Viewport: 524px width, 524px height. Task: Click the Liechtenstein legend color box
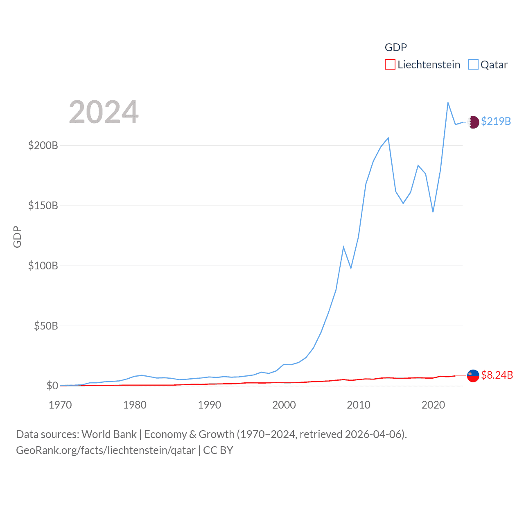pos(390,65)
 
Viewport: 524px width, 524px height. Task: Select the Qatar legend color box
pos(473,65)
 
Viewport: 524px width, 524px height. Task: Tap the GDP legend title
pos(395,47)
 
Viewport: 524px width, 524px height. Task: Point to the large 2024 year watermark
pos(104,112)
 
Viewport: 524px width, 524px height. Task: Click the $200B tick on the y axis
pos(43,145)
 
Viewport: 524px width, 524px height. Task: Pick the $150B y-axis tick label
pos(43,206)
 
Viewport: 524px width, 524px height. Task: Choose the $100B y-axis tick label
pos(43,266)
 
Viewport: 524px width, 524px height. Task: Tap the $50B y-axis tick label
pos(46,326)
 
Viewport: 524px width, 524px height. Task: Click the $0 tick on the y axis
pos(52,386)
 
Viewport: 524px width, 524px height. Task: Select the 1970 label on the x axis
pos(60,405)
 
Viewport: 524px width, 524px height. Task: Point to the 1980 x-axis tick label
pos(135,405)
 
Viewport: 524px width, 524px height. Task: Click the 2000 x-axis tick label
pos(284,405)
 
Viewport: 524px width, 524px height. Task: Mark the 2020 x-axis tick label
pos(433,405)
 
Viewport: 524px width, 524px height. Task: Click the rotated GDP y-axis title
pos(17,237)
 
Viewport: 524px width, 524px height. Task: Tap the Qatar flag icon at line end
pos(473,122)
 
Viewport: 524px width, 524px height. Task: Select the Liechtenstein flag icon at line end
pos(473,375)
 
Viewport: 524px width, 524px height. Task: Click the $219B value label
pos(496,121)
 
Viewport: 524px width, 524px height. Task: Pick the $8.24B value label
pos(497,375)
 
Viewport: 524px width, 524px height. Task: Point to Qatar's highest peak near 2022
pos(448,103)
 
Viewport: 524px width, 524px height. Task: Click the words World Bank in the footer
pos(109,434)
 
